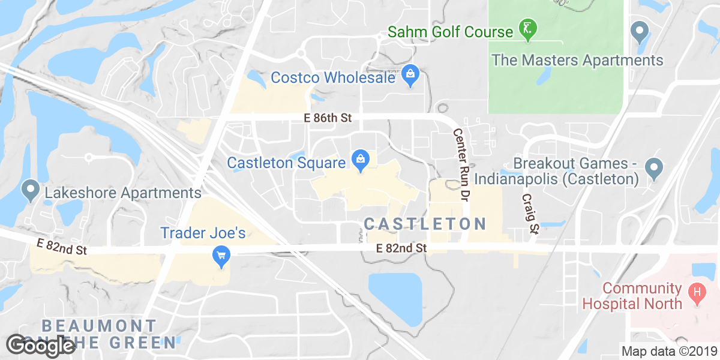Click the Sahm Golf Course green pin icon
click(x=528, y=29)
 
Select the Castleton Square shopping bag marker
click(x=361, y=160)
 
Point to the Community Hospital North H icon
click(x=697, y=293)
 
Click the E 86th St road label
click(x=328, y=118)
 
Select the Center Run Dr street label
click(x=460, y=164)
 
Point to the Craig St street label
click(x=530, y=213)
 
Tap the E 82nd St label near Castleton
click(x=401, y=247)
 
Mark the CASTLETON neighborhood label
click(x=425, y=224)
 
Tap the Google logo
click(x=41, y=345)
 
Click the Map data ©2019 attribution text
click(x=668, y=352)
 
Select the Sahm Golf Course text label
click(x=451, y=31)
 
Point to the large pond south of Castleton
click(x=396, y=298)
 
